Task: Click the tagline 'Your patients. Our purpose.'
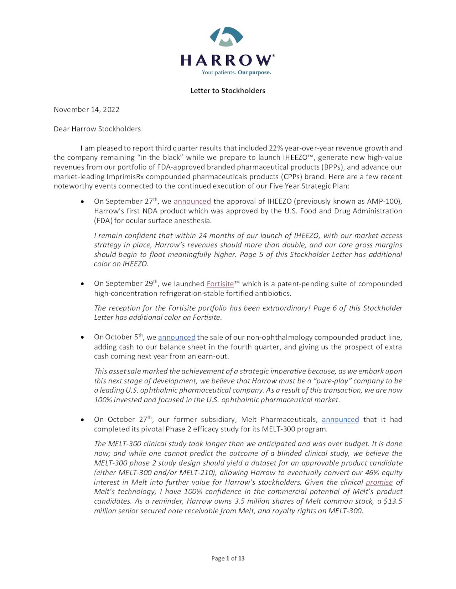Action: [236, 73]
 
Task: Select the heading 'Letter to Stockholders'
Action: [228, 91]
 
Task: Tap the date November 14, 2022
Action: [87, 110]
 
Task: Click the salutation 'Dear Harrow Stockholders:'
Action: [98, 129]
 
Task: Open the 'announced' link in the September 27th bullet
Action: [192, 201]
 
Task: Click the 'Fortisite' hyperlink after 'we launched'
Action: [220, 284]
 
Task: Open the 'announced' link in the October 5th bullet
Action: [177, 337]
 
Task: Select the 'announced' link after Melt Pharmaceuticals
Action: [340, 419]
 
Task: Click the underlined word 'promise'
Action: [379, 482]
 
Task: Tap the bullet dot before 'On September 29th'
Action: [83, 284]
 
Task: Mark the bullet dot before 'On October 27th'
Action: [83, 420]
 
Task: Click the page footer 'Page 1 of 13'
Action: [228, 558]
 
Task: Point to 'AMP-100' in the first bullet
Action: [382, 201]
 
